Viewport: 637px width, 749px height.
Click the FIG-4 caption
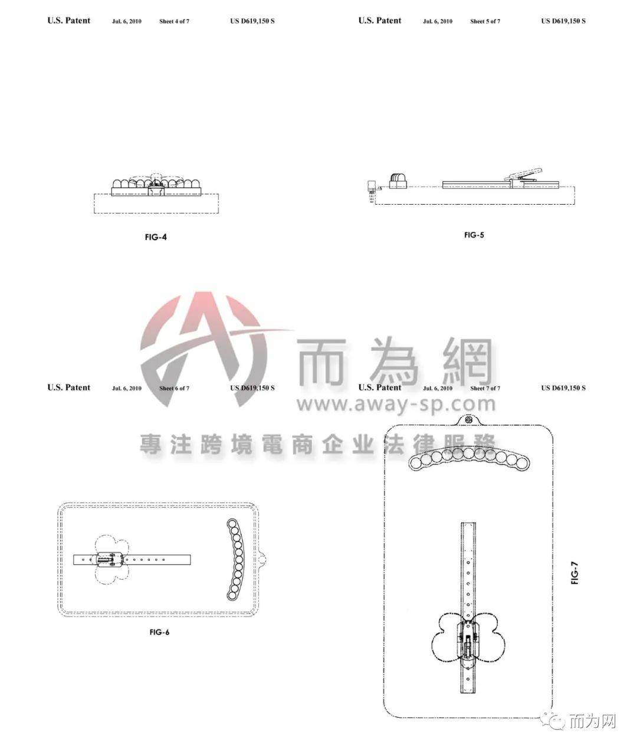[x=156, y=237]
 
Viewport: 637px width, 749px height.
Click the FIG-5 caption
[x=474, y=235]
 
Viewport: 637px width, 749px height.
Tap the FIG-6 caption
[x=159, y=632]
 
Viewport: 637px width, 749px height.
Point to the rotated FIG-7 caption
[x=574, y=573]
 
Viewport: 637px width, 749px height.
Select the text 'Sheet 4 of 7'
[x=174, y=21]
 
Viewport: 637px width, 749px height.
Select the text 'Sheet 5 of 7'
[x=485, y=21]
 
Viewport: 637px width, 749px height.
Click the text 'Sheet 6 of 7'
[x=174, y=388]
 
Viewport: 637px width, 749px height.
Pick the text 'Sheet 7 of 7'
[x=485, y=388]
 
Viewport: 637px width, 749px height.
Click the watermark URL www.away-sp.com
[x=396, y=404]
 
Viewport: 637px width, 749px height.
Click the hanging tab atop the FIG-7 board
[x=468, y=420]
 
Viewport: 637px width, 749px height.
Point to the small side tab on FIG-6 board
[x=262, y=560]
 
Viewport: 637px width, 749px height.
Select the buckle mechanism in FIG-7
[x=468, y=641]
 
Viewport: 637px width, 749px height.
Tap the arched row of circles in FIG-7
[x=469, y=459]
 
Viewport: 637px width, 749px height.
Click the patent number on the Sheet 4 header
[x=252, y=21]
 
